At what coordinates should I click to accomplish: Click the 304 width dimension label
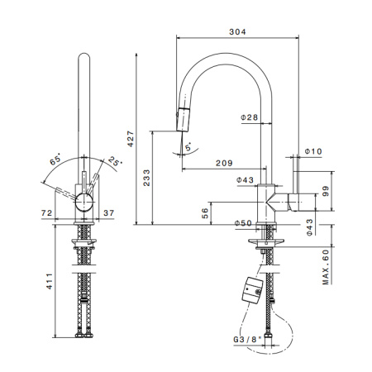(237, 31)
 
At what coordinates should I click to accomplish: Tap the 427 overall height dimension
(131, 139)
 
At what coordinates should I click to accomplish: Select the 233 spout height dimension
(146, 178)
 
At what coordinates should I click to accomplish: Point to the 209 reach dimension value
(224, 163)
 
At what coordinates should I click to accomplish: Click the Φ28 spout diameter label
(250, 117)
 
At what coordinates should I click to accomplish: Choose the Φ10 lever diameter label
(313, 151)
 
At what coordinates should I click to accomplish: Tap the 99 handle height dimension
(326, 191)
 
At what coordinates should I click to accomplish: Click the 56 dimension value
(205, 213)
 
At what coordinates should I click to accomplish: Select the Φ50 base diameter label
(243, 223)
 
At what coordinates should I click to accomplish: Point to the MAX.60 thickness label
(326, 267)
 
